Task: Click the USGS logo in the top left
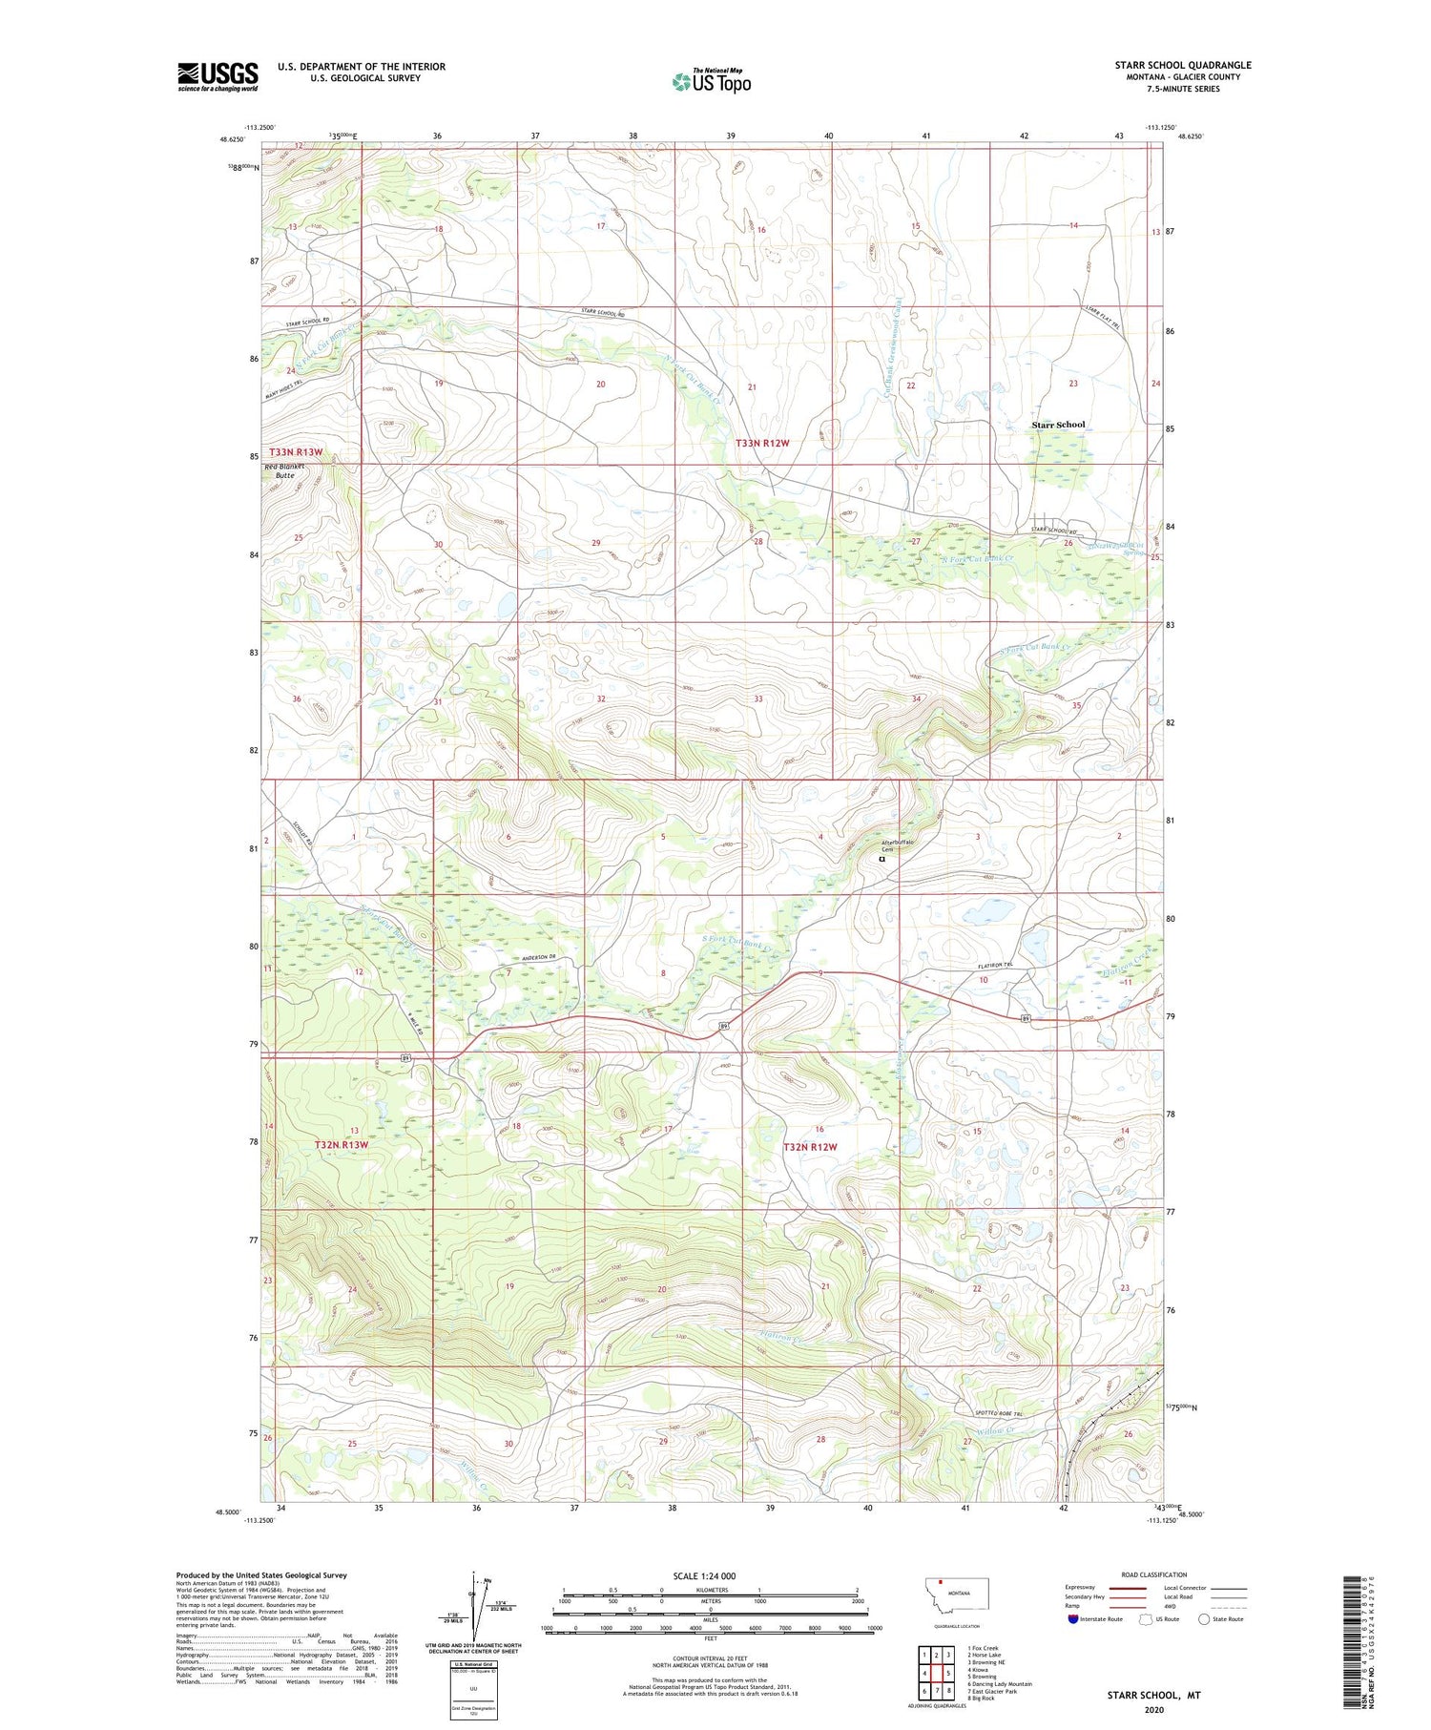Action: (218, 76)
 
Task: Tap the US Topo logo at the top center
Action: (711, 82)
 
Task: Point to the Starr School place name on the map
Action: (1058, 425)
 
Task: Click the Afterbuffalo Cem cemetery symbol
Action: (881, 858)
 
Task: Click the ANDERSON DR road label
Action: (538, 958)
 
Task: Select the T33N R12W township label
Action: (762, 444)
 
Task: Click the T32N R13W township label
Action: (341, 1144)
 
